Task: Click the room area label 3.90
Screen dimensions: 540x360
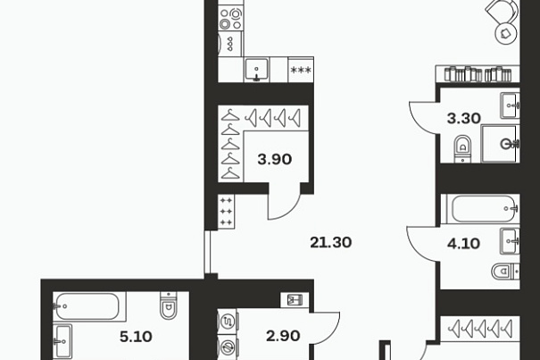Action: click(275, 159)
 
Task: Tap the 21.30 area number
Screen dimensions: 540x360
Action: click(330, 242)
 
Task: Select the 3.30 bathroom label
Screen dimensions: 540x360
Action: click(463, 118)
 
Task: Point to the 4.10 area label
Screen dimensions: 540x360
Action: click(463, 244)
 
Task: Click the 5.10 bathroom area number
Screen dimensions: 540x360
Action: click(136, 337)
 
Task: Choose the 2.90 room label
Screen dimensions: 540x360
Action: click(283, 336)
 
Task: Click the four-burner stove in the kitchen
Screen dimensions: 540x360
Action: click(231, 18)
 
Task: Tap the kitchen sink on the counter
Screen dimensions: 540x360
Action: click(256, 70)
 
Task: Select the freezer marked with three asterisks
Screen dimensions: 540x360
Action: click(301, 70)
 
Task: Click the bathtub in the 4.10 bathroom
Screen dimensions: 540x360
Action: click(483, 209)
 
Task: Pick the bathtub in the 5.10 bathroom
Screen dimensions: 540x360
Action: click(89, 306)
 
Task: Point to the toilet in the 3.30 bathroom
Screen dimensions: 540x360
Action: click(463, 148)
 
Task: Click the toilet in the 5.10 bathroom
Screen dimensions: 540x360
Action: click(169, 306)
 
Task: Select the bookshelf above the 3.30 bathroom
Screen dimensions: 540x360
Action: click(478, 74)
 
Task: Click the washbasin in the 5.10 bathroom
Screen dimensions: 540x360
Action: click(62, 341)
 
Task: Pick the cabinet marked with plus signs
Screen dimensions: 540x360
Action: click(226, 212)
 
